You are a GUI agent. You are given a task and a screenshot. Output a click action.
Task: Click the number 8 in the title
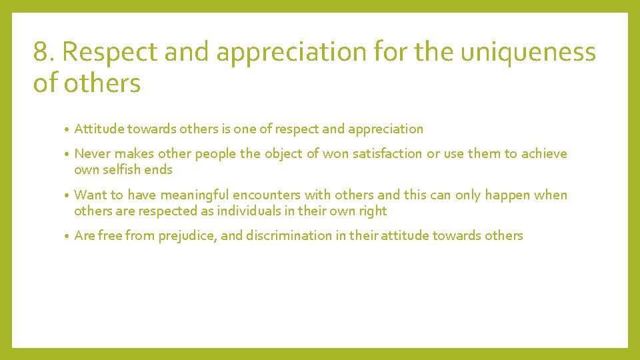[40, 52]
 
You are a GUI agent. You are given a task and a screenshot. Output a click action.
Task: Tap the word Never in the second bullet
[93, 154]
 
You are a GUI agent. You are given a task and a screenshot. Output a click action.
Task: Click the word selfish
[124, 170]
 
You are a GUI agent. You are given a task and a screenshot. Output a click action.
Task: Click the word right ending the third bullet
[372, 211]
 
